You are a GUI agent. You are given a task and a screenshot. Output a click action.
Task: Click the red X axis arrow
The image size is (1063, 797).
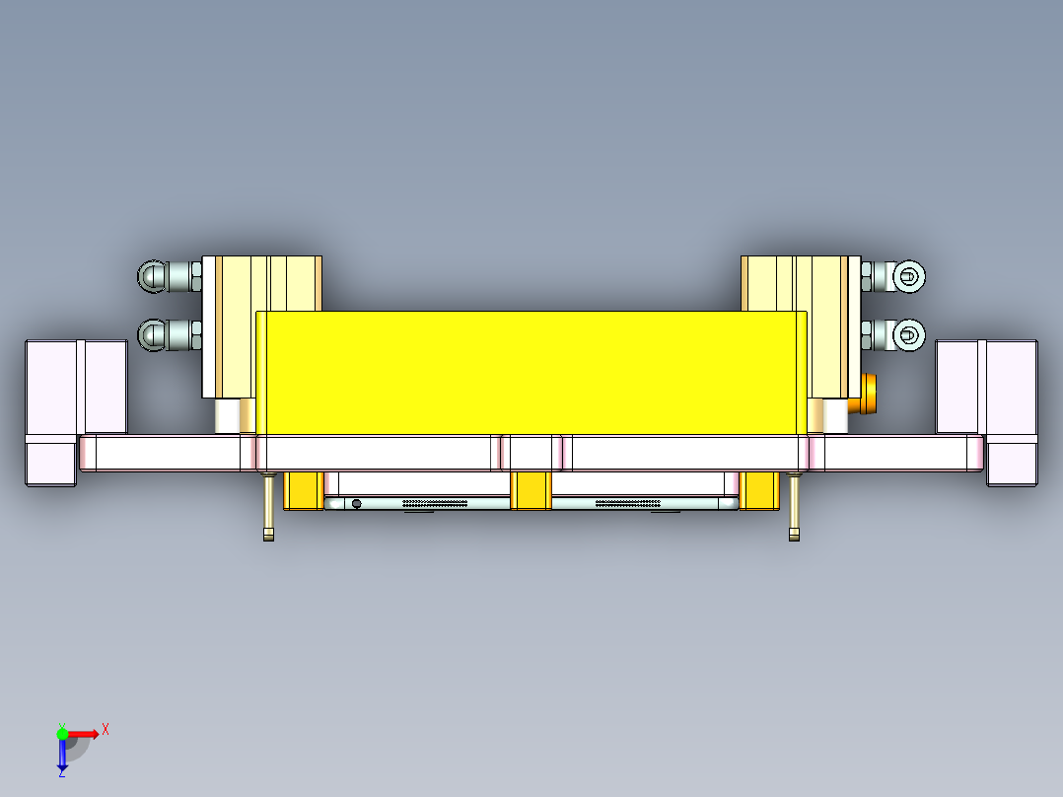pyautogui.click(x=84, y=733)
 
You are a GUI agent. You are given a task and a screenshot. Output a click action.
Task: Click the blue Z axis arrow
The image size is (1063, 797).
pyautogui.click(x=62, y=756)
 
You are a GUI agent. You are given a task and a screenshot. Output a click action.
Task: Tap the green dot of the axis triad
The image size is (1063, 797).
pyautogui.click(x=62, y=733)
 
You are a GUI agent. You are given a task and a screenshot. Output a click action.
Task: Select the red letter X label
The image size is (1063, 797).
pyautogui.click(x=106, y=729)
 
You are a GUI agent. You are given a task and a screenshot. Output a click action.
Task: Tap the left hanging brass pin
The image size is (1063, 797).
pyautogui.click(x=268, y=507)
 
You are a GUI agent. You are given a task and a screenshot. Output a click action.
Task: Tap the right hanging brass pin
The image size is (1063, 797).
pyautogui.click(x=794, y=507)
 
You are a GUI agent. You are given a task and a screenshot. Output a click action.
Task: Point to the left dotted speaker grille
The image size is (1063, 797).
pyautogui.click(x=435, y=503)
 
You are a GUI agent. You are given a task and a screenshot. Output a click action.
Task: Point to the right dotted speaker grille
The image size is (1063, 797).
pyautogui.click(x=627, y=503)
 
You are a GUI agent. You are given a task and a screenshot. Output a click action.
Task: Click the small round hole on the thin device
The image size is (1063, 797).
pyautogui.click(x=356, y=504)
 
